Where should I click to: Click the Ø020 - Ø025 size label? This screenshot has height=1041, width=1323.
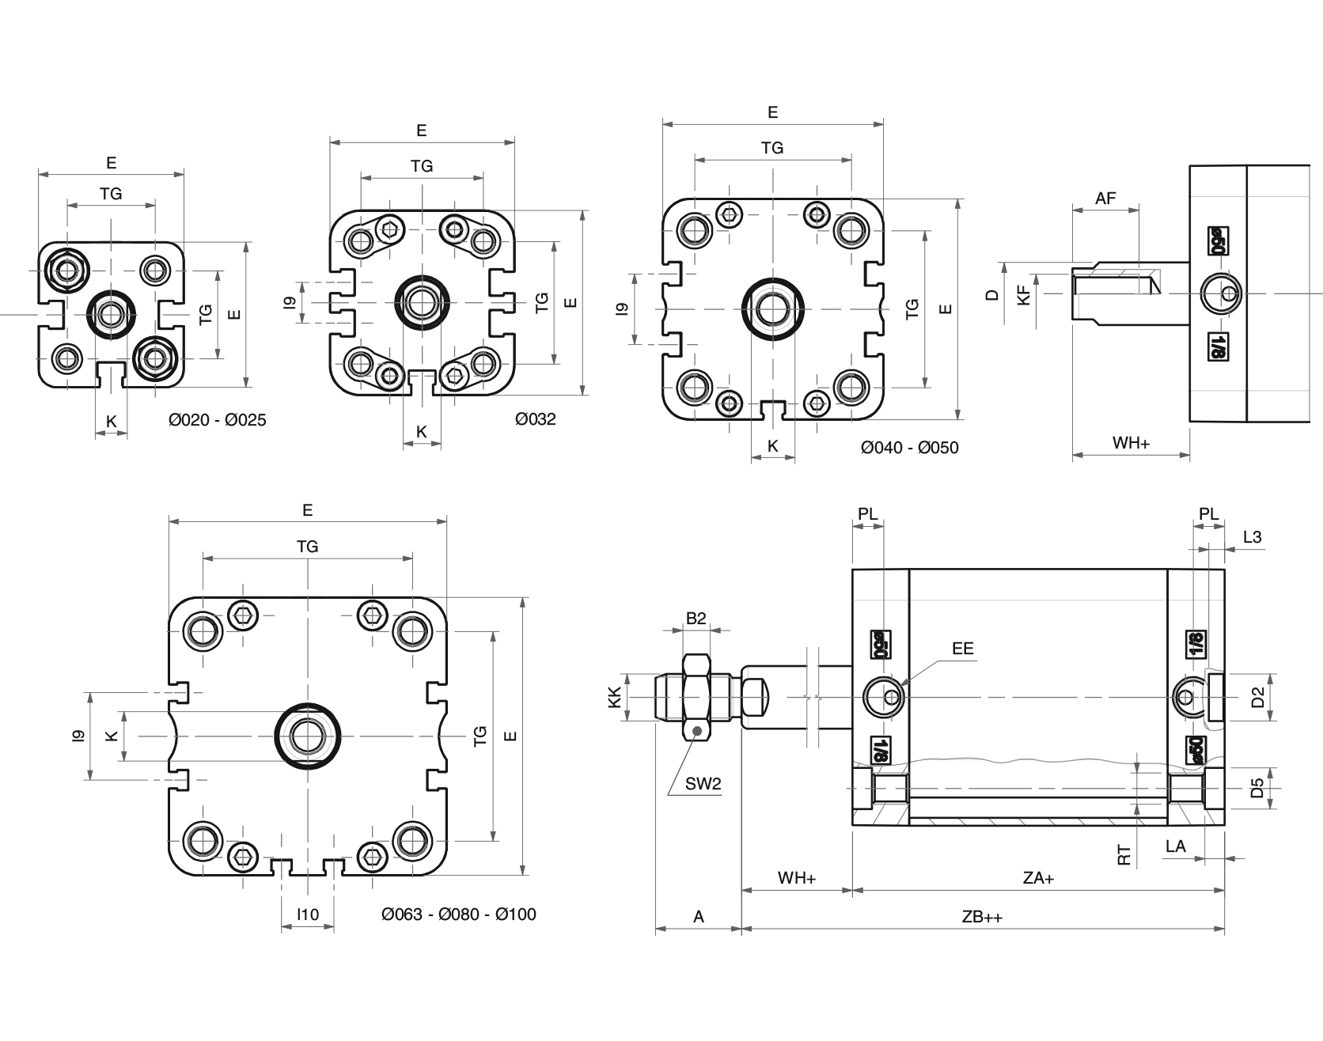(218, 420)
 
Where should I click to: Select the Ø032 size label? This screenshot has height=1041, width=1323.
(535, 419)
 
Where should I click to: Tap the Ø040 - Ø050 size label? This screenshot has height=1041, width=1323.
(909, 448)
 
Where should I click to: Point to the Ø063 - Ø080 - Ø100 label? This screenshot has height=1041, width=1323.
(458, 914)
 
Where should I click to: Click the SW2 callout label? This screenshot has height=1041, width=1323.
(703, 784)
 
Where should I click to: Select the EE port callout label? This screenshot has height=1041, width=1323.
(962, 649)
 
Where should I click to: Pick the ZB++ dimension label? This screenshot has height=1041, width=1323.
(982, 917)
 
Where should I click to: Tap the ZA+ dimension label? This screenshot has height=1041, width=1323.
(1038, 878)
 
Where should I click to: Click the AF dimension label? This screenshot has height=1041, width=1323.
(1105, 199)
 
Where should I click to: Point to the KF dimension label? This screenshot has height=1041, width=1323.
(1024, 297)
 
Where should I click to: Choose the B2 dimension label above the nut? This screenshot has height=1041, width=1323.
(696, 619)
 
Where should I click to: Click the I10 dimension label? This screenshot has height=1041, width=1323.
(308, 914)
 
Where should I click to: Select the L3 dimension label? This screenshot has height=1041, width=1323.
(1252, 537)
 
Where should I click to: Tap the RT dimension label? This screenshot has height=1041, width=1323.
(1124, 854)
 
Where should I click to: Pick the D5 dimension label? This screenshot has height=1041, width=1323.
(1257, 788)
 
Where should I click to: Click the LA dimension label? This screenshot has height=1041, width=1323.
(1176, 846)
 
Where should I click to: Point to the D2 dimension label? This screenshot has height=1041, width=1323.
(1257, 697)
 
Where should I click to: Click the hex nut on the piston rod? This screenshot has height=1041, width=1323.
(696, 697)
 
